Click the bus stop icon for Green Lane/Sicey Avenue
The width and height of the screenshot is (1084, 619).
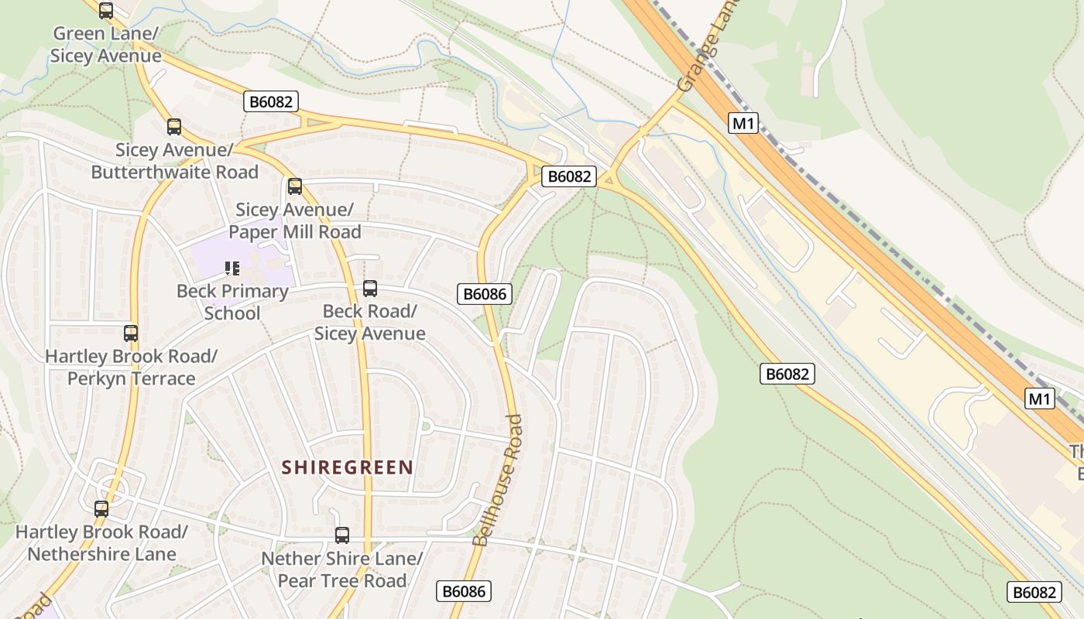[106, 11]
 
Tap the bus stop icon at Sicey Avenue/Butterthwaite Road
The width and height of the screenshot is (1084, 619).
[174, 127]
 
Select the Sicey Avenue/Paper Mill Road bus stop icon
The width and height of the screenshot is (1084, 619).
[295, 186]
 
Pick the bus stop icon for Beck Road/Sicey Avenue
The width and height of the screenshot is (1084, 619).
[370, 289]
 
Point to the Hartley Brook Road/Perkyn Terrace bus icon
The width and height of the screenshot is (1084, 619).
[131, 333]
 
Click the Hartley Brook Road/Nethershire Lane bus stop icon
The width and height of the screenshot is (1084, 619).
[101, 509]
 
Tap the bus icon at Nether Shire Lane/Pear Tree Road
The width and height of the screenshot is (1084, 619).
[341, 535]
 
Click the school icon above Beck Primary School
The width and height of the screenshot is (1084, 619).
[232, 268]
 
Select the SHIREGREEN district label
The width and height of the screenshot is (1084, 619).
[347, 467]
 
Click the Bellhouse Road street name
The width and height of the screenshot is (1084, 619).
[499, 480]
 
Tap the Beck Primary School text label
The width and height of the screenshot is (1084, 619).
[232, 303]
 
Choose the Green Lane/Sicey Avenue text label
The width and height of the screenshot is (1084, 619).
[105, 45]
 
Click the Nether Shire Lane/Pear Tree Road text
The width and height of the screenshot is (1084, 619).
[341, 569]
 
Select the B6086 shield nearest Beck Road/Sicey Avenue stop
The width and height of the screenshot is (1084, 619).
[485, 294]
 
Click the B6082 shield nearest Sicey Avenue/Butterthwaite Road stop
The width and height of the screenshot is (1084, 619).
[271, 101]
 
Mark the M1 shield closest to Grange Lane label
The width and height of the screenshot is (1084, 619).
[743, 123]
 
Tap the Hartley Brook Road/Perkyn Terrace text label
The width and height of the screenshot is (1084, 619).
[131, 368]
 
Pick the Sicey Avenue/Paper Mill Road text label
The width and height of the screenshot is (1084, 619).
[294, 221]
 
